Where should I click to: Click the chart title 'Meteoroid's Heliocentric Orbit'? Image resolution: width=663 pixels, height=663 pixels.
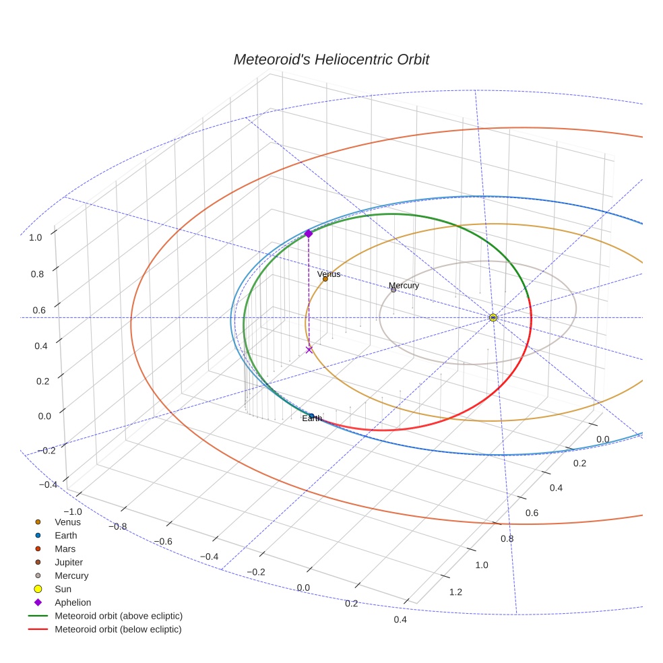tap(331, 59)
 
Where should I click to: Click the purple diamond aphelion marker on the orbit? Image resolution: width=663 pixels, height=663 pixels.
tap(309, 233)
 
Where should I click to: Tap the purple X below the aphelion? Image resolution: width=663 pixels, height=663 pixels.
tap(309, 350)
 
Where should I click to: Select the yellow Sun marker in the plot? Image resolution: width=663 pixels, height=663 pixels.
tap(493, 317)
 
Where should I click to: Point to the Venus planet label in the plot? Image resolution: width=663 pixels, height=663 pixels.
tap(329, 274)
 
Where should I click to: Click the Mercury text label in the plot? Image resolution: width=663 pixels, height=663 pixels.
tap(404, 286)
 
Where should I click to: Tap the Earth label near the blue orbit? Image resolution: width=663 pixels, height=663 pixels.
tap(312, 418)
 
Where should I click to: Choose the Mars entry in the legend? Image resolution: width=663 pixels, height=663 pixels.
tap(65, 549)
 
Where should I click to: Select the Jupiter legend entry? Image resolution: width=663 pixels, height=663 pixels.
tap(69, 563)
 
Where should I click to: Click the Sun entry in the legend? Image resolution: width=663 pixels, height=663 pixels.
tap(63, 590)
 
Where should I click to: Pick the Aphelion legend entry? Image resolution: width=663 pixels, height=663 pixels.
tap(72, 603)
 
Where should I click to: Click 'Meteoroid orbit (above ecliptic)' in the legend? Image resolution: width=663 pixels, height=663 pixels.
tap(118, 617)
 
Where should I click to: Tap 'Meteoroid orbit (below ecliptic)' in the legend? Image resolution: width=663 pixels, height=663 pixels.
tap(118, 630)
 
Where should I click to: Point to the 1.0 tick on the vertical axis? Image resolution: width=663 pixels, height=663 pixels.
tap(36, 237)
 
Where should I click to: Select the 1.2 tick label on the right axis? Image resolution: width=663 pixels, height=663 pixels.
tap(455, 592)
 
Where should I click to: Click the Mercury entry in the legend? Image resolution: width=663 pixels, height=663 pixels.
tap(71, 576)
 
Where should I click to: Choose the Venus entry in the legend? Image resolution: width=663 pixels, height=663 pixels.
tap(67, 522)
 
